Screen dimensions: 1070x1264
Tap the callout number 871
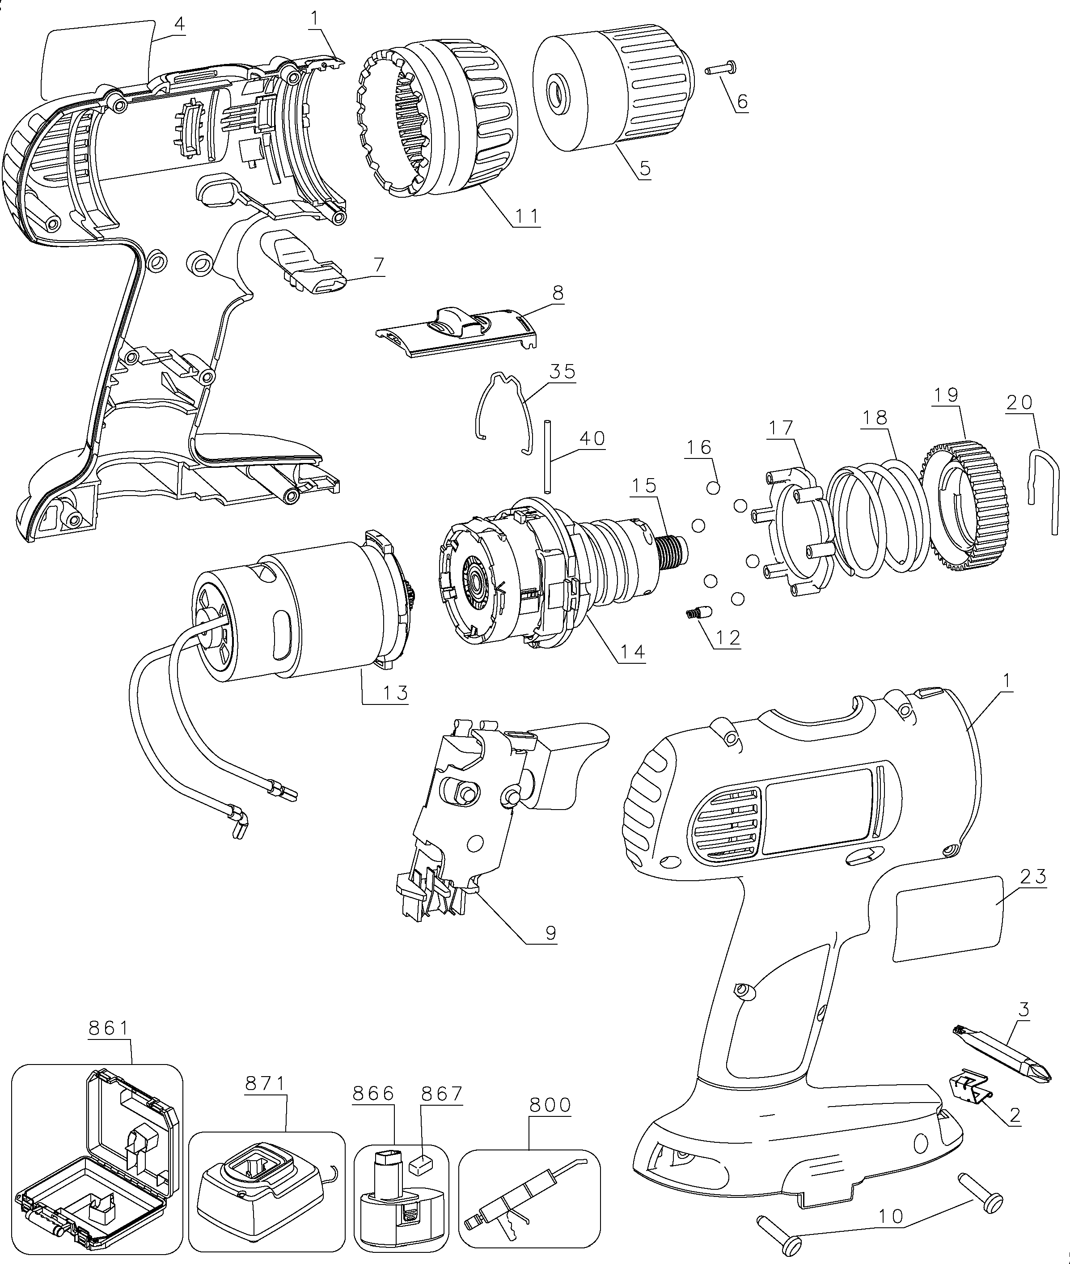tap(265, 1084)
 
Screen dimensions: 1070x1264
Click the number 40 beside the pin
tap(592, 438)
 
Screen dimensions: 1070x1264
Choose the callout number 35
tap(562, 371)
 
